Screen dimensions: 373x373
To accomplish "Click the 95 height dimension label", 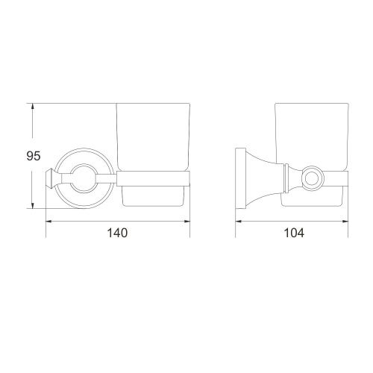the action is pos(34,156).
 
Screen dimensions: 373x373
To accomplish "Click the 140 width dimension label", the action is pos(117,233).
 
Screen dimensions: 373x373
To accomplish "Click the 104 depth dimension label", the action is pos(294,233).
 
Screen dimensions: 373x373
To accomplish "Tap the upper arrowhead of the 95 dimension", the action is pos(32,107).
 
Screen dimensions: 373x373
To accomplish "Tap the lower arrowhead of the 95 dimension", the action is pos(32,205).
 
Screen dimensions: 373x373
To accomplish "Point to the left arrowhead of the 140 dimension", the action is pos(49,221).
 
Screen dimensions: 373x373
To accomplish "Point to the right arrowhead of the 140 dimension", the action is pos(186,221).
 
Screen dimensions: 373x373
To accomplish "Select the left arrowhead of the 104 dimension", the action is pos(239,221).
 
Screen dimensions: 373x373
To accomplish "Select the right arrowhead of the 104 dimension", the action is pos(345,221).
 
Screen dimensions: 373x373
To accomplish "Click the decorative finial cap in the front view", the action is pos(51,178).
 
